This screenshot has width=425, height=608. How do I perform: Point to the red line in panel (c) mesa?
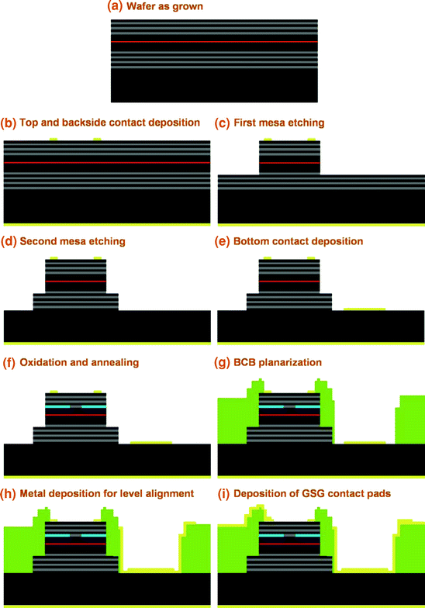point(289,163)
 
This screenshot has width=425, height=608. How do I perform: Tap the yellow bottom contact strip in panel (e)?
point(364,309)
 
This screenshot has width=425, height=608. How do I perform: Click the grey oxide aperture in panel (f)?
point(75,406)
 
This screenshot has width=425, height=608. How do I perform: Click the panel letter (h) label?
point(9,493)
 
